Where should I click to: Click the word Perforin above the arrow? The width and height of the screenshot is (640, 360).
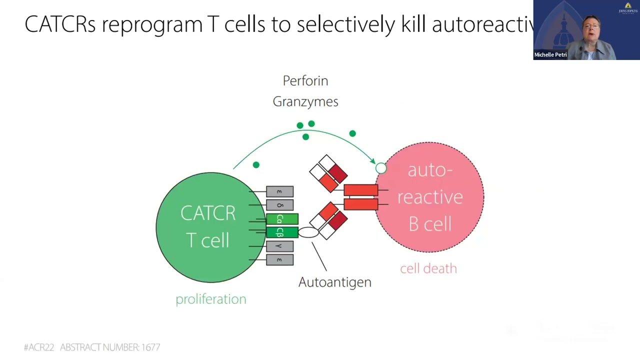point(305,81)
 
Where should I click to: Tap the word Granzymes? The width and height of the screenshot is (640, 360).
point(305,101)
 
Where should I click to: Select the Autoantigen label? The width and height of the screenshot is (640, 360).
point(334,282)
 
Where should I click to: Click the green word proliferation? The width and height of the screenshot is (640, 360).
point(210,299)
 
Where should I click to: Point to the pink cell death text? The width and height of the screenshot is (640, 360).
point(428,268)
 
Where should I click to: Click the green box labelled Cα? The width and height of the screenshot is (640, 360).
point(282,219)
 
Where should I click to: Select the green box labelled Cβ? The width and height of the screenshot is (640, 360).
point(282,232)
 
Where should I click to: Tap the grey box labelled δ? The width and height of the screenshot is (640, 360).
point(279,205)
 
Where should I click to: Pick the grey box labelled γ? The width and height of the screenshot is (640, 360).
point(279,246)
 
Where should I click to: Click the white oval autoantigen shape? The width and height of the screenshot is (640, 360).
point(308,232)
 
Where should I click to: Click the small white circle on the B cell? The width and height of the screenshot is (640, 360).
point(381,168)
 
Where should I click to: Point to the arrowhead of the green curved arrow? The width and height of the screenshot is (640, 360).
point(372,160)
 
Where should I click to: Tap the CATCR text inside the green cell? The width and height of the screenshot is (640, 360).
point(208,213)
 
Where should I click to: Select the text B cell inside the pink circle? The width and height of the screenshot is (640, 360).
point(430,223)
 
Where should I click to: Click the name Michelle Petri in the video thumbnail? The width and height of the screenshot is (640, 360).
point(550,55)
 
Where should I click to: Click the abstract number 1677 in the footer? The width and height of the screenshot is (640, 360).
point(150,347)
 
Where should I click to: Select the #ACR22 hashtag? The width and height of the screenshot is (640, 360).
point(39,347)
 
